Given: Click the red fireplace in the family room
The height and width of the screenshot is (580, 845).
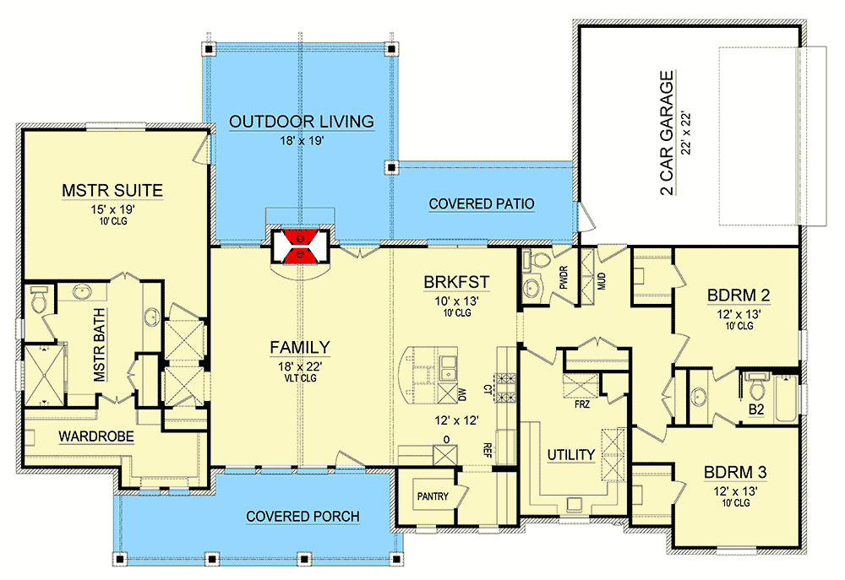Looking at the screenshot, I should point(301,246).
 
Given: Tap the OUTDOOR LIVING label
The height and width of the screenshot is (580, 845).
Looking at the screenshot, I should point(302,122).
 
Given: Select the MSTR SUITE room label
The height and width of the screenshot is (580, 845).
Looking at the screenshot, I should point(112,190).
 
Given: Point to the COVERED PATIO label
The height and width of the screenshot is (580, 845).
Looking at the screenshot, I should point(482,204).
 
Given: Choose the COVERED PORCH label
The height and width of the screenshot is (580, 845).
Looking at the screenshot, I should point(303,516).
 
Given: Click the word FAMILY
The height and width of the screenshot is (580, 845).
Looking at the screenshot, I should point(300,347).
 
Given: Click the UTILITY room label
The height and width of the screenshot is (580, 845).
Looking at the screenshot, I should point(570,455).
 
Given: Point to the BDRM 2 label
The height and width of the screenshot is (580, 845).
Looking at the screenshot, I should point(737,295).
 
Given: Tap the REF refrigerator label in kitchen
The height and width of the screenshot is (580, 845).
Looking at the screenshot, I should point(488,448).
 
